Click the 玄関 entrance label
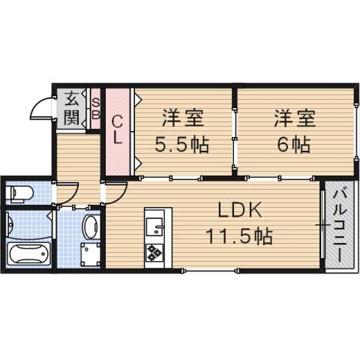pyautogui.click(x=71, y=106)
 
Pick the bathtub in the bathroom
pyautogui.click(x=27, y=252)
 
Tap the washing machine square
pyautogui.click(x=91, y=254)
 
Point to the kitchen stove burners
pyautogui.click(x=156, y=252)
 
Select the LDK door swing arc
pyautogui.click(x=114, y=193)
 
